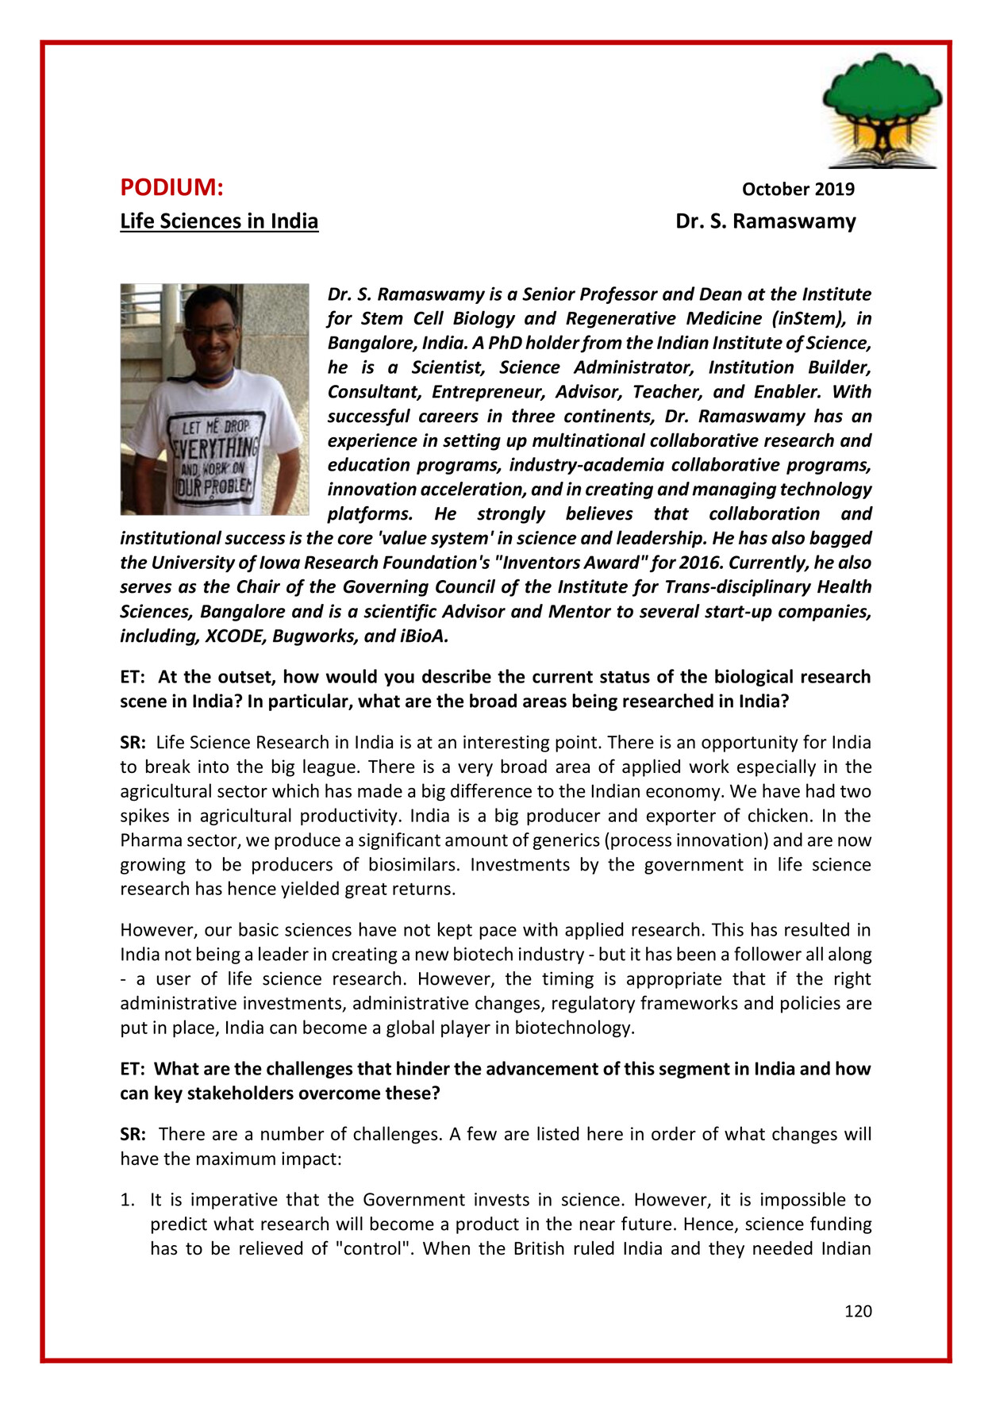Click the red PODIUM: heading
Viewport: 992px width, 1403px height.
coord(171,188)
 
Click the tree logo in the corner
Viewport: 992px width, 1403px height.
coord(882,110)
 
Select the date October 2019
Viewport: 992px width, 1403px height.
coord(798,190)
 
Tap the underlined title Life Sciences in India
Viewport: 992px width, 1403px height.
coord(219,221)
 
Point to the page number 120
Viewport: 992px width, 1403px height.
coord(858,1311)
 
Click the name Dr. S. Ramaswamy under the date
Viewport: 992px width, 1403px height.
coord(765,221)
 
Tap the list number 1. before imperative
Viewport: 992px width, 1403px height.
coord(128,1200)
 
